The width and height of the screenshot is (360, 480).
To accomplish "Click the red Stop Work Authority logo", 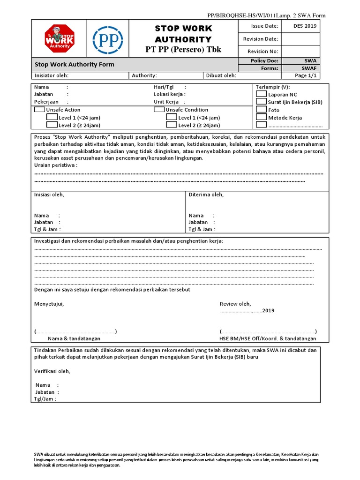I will tap(60, 39).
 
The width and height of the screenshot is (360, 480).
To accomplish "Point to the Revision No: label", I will tap(262, 52).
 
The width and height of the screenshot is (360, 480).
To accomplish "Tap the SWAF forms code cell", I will tap(309, 68).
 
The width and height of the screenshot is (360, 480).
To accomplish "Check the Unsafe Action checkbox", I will tap(40, 110).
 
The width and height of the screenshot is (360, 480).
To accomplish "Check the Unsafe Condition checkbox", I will tap(159, 110).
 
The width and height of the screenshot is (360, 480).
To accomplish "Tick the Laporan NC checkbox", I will tap(261, 94).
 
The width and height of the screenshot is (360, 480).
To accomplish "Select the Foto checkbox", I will tap(261, 110).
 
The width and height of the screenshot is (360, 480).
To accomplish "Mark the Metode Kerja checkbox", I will tap(261, 118).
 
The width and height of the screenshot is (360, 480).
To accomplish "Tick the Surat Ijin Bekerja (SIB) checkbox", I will tap(261, 102).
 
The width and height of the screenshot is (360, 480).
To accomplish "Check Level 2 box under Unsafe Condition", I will tap(172, 125).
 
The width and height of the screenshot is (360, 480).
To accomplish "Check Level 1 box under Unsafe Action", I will tap(52, 118).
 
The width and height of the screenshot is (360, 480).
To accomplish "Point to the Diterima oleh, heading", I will tap(206, 195).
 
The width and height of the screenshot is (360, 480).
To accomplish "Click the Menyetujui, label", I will tap(49, 304).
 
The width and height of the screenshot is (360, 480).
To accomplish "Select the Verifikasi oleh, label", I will tap(52, 371).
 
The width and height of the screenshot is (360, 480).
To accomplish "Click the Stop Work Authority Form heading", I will tap(75, 65).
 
